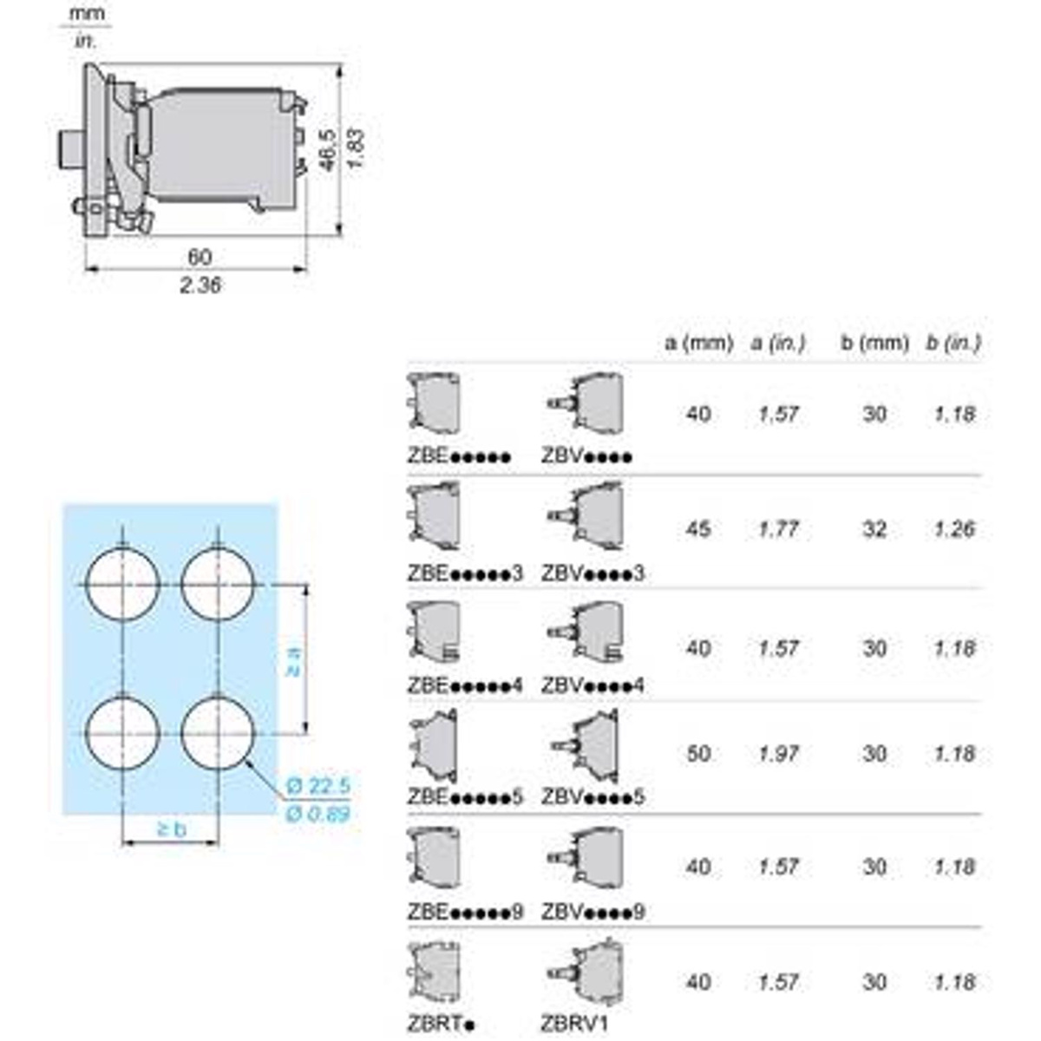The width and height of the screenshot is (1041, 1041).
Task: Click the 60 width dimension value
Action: click(x=200, y=257)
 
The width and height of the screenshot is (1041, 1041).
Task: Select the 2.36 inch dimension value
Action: click(x=200, y=285)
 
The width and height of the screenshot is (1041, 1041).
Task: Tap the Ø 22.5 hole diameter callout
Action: click(x=318, y=786)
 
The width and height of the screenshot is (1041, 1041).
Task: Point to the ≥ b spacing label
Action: click(x=172, y=829)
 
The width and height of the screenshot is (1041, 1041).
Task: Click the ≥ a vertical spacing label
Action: click(x=292, y=660)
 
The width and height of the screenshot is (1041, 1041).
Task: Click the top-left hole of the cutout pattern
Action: click(x=123, y=585)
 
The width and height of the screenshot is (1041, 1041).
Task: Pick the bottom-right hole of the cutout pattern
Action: click(x=218, y=733)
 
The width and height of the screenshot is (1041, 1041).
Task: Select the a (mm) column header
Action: click(x=698, y=344)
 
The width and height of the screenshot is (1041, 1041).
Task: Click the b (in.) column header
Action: click(x=953, y=344)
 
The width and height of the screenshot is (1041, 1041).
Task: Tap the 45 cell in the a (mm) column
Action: click(x=698, y=528)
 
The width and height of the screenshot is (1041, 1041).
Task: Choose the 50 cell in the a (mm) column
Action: click(x=698, y=753)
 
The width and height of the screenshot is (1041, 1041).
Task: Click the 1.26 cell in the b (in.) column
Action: click(x=954, y=528)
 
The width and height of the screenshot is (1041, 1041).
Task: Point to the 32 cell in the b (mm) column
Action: click(x=874, y=528)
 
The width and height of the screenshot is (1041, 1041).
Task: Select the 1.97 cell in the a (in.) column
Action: click(x=778, y=753)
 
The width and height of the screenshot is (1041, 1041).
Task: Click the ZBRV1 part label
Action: click(x=575, y=1024)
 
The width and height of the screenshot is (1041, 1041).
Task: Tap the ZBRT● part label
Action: click(x=442, y=1024)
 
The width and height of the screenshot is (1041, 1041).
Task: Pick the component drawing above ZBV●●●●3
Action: click(x=588, y=518)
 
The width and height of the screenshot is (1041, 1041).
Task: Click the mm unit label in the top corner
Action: click(x=87, y=14)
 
